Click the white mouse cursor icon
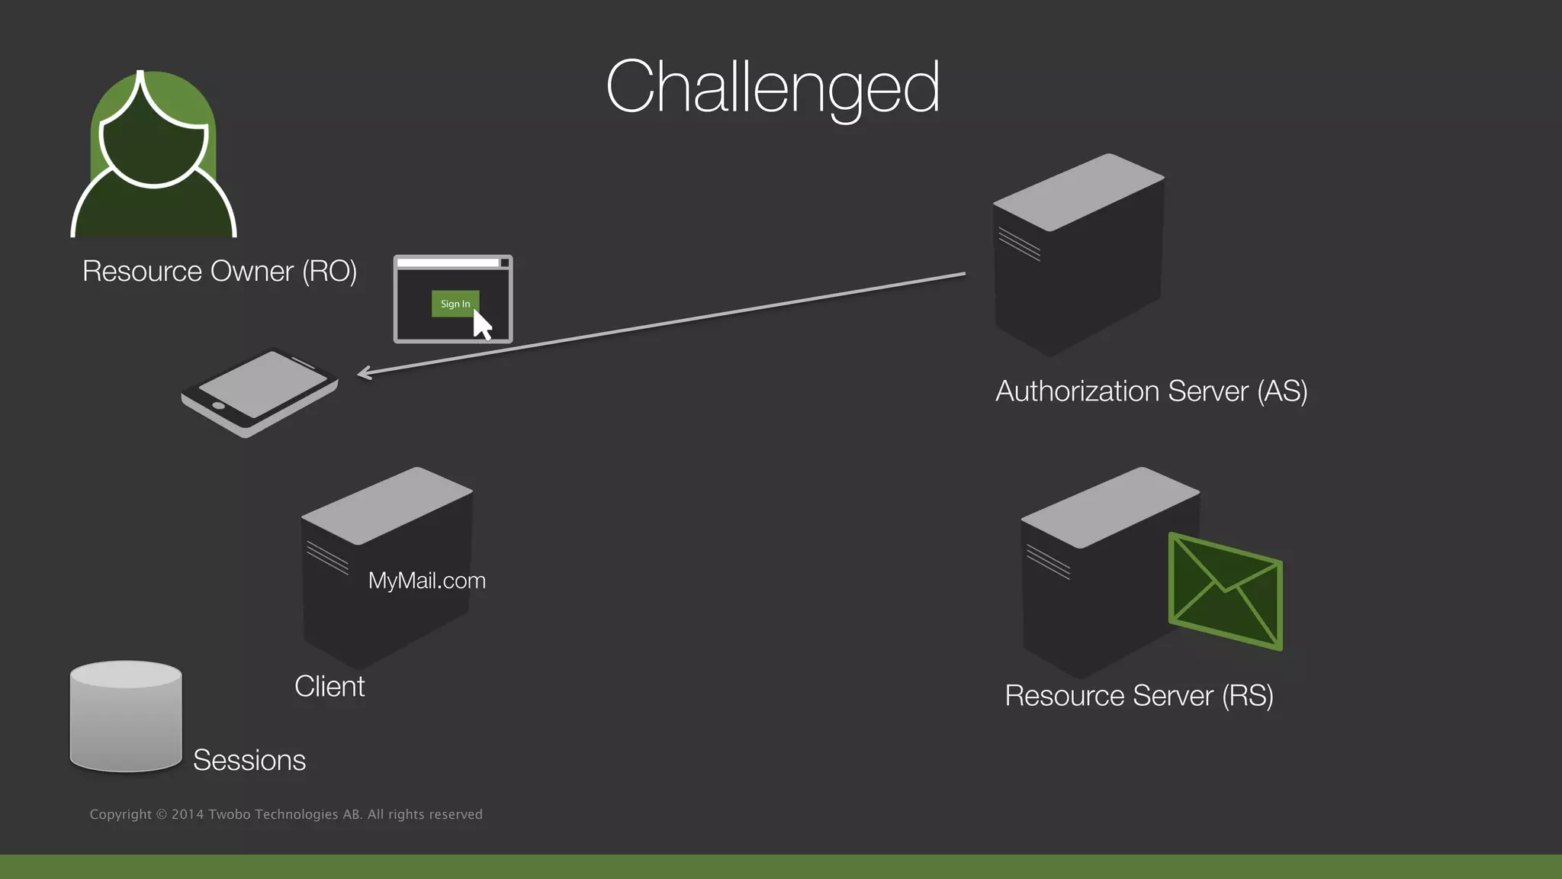click(x=482, y=325)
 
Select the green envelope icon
click(x=1225, y=592)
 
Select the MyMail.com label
click(x=426, y=581)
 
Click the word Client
click(x=329, y=686)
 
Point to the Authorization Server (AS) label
click(x=1151, y=391)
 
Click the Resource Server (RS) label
click(x=1139, y=696)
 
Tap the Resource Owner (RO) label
click(x=220, y=272)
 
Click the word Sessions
click(x=249, y=760)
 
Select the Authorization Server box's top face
click(x=1078, y=192)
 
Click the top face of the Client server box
click(x=387, y=504)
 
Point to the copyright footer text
click(x=286, y=814)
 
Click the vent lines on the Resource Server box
click(x=1048, y=562)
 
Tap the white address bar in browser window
click(x=448, y=262)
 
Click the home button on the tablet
click(x=218, y=405)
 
